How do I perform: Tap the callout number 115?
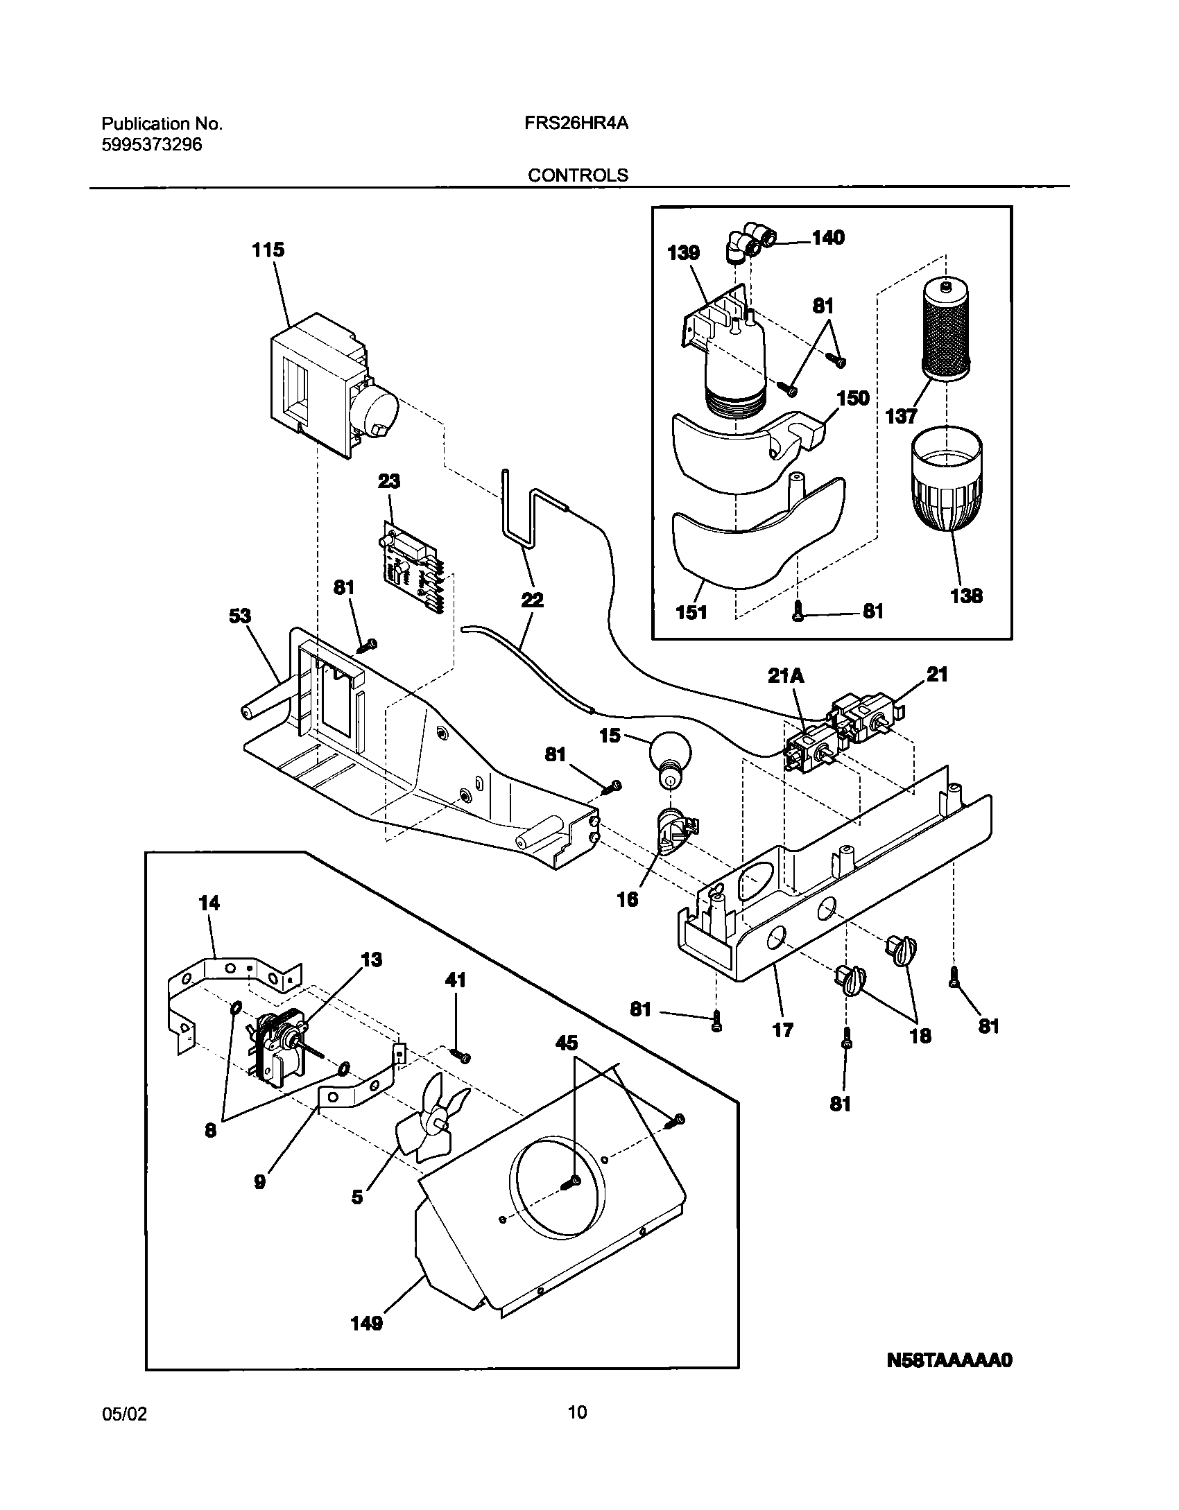tap(268, 250)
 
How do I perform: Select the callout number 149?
tap(367, 1342)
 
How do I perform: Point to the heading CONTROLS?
tap(578, 175)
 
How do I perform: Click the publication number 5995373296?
tap(152, 145)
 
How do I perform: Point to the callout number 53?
tap(240, 616)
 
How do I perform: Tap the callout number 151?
tap(691, 612)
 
